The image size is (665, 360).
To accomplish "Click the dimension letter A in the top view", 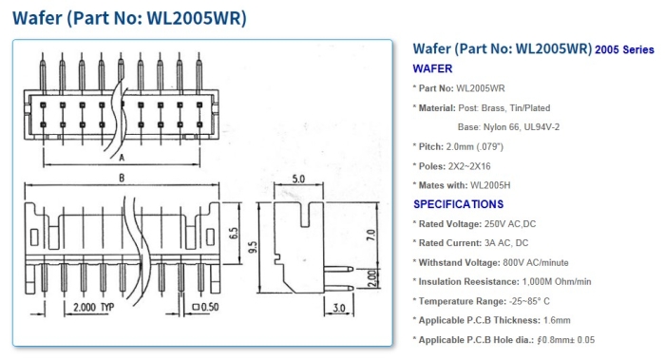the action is pyautogui.click(x=122, y=158).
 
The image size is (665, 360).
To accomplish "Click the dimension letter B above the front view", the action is pyautogui.click(x=122, y=178).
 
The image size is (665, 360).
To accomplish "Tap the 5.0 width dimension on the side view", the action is pyautogui.click(x=298, y=179).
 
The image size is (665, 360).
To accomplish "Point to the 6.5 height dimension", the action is pyautogui.click(x=234, y=233).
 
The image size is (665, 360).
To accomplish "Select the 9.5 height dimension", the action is pyautogui.click(x=253, y=247).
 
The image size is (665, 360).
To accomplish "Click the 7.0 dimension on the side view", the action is pyautogui.click(x=370, y=235).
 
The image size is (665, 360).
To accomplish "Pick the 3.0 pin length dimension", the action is pyautogui.click(x=339, y=308).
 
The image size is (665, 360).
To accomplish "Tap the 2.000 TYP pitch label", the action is pyautogui.click(x=94, y=307).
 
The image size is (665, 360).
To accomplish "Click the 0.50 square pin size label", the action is pyautogui.click(x=206, y=307).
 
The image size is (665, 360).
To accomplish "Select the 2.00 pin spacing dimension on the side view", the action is pyautogui.click(x=371, y=278).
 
